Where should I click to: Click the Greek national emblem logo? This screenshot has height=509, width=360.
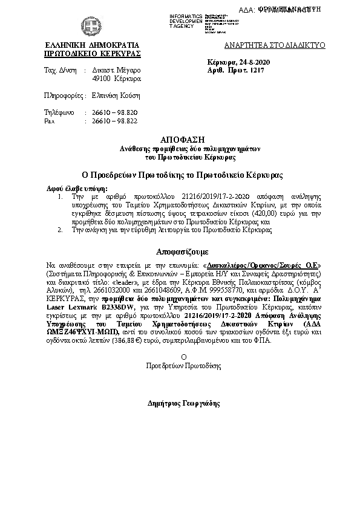pyautogui.click(x=91, y=27)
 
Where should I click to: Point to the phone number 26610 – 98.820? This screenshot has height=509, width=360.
pyautogui.click(x=115, y=112)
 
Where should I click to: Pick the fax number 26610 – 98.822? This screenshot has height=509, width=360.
pyautogui.click(x=115, y=120)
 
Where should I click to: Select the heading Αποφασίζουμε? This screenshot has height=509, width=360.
pyautogui.click(x=179, y=250)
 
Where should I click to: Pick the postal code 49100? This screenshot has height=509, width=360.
pyautogui.click(x=100, y=79)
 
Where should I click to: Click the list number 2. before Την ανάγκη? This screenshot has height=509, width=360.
pyautogui.click(x=59, y=230)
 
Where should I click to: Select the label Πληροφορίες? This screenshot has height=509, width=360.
pyautogui.click(x=62, y=96)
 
